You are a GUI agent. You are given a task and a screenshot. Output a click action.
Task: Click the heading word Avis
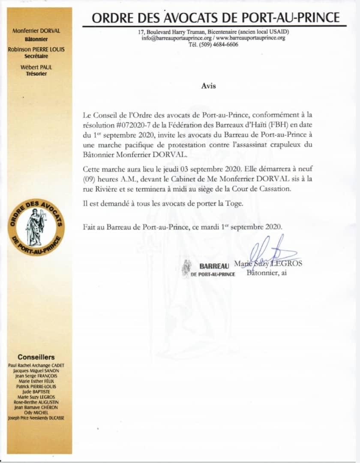tap(209, 86)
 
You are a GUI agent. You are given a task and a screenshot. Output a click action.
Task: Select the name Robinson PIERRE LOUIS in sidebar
tap(36, 49)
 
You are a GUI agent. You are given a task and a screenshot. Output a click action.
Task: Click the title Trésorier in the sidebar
tap(36, 74)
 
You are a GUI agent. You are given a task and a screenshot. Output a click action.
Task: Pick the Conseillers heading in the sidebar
tap(36, 357)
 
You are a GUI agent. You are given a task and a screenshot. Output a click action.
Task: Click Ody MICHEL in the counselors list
tap(36, 412)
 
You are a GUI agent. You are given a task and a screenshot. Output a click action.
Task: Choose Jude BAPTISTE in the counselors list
tap(36, 391)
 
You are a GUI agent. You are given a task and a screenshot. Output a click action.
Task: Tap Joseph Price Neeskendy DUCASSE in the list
tap(36, 418)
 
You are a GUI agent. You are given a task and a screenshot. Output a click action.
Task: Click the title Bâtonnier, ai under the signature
tap(267, 273)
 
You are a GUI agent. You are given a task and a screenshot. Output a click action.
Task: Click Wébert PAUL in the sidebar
tap(36, 67)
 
